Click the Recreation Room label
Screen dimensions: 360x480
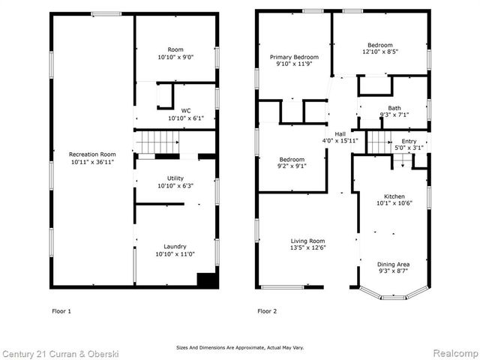pos(91,154)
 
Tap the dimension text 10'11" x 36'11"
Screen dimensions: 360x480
pos(91,162)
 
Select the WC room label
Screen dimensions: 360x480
pos(176,109)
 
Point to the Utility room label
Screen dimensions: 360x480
pos(175,178)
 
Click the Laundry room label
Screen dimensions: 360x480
pos(175,246)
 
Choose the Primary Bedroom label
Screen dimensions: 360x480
pos(294,58)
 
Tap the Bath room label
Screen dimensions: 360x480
pos(394,108)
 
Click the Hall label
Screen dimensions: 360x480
pos(340,133)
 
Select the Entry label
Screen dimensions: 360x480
pos(409,141)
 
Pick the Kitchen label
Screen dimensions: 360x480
pos(394,196)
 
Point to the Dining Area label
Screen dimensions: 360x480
pos(394,264)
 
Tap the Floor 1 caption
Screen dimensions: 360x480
pos(61,310)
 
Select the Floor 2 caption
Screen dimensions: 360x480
pos(267,310)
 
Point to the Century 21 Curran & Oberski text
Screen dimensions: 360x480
pos(55,352)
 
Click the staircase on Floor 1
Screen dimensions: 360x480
pos(160,141)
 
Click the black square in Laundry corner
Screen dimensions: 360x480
pos(206,279)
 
